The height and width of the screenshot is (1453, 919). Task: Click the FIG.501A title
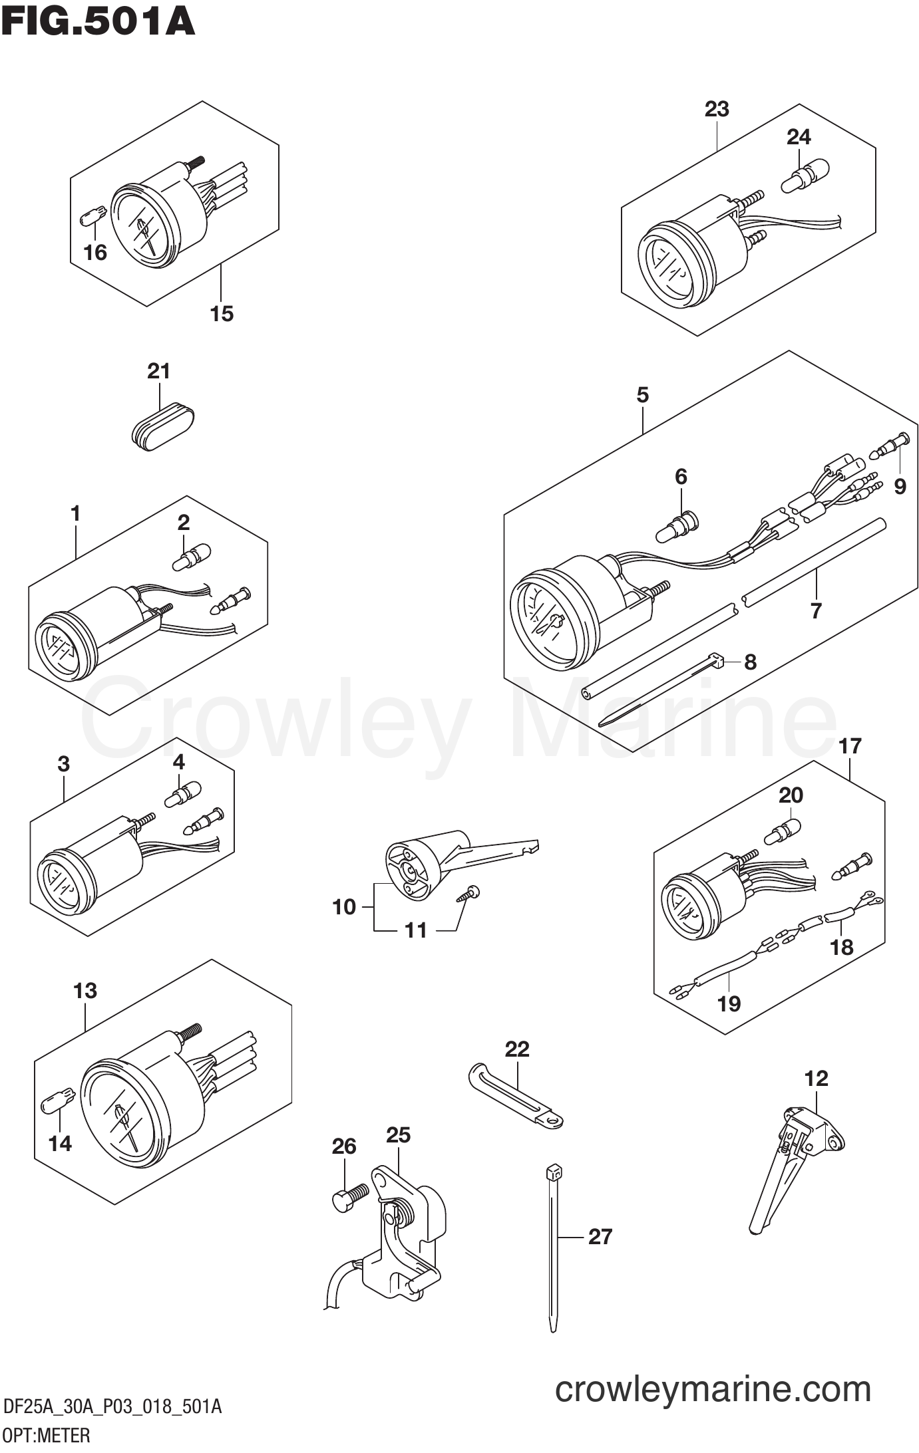point(98,22)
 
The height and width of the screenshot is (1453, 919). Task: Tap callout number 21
point(158,371)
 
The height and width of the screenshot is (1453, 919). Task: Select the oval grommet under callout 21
point(163,426)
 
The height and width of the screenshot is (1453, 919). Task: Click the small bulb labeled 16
point(92,217)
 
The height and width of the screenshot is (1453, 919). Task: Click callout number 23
point(717,108)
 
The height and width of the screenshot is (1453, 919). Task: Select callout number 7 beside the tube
point(816,610)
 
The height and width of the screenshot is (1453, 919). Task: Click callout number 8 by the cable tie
point(750,662)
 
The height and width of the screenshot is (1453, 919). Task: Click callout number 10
point(344,906)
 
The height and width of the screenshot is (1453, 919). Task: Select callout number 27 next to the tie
point(600,1236)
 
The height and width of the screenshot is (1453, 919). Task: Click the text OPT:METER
point(46,1436)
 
